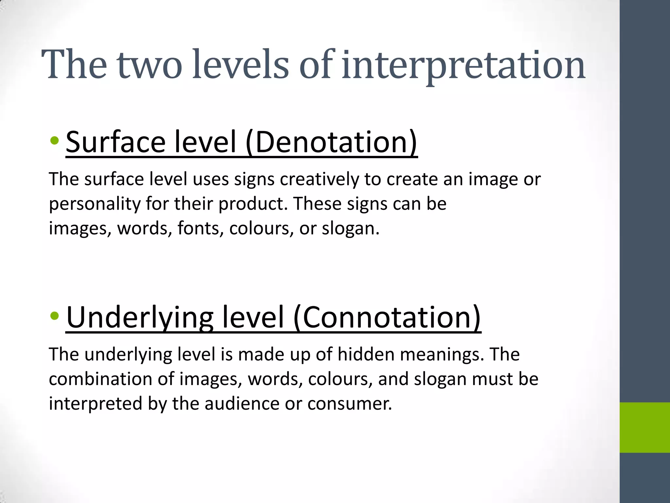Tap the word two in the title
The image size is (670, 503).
(x=149, y=65)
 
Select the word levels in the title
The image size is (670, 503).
(x=240, y=65)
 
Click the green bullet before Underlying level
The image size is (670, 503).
(x=55, y=316)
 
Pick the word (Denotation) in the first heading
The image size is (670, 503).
(x=331, y=142)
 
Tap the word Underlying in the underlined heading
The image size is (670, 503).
(x=140, y=318)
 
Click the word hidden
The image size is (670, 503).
(x=365, y=354)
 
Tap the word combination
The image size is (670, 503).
(x=100, y=379)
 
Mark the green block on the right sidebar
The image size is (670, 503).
(x=644, y=427)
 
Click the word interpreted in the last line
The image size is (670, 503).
(x=96, y=403)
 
